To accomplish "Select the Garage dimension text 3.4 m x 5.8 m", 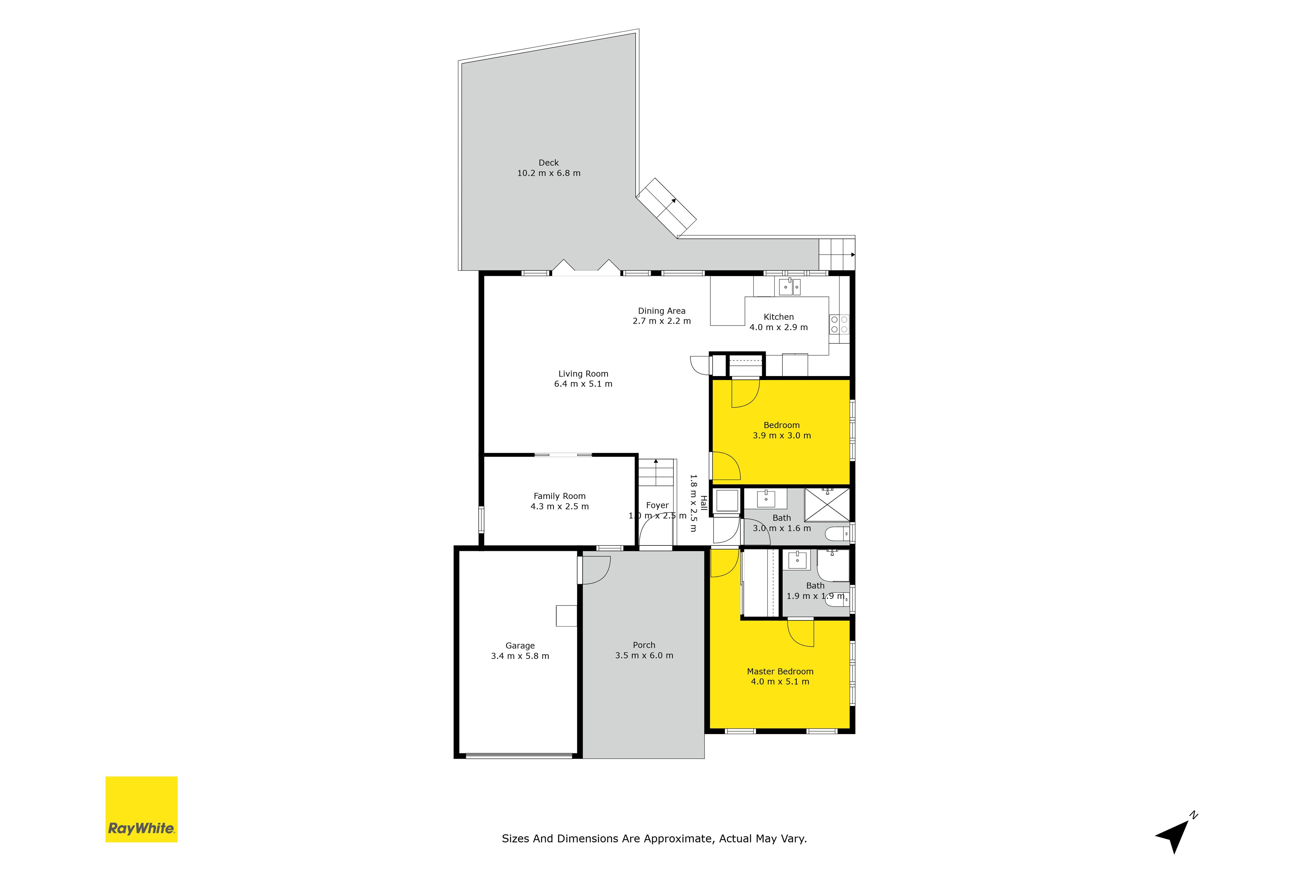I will point(520,656).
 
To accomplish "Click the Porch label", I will point(644,645).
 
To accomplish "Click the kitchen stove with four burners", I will point(839,324).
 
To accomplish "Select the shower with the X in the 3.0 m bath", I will point(826,504).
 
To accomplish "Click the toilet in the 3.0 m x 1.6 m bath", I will point(838,534).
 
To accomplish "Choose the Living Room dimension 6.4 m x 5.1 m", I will point(583,384).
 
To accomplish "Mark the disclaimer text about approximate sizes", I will point(654,838).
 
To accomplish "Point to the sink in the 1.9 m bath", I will point(797,560).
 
